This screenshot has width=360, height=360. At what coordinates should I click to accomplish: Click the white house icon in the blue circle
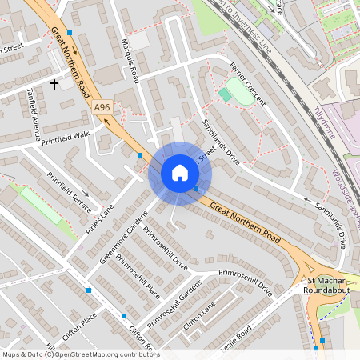pos(179,173)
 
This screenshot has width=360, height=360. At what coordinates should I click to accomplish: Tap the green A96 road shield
pos(102,106)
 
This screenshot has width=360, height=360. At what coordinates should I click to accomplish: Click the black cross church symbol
pos(55,83)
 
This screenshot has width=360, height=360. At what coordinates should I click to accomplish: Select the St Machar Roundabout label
pos(324,286)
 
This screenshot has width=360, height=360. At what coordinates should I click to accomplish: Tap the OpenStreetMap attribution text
pos(80,354)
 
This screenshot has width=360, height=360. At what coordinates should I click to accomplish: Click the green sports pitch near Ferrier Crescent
pos(234,88)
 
